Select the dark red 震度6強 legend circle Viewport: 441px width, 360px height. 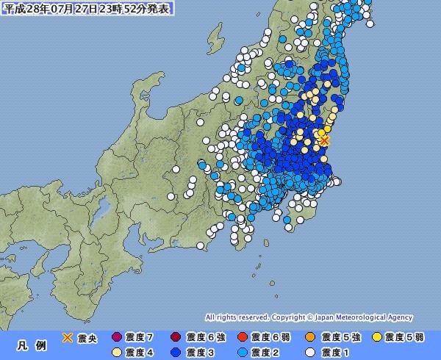(177, 337)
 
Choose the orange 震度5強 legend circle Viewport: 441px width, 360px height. (310, 337)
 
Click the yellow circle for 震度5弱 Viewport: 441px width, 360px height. (377, 337)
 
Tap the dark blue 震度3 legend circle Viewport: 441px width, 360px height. (177, 352)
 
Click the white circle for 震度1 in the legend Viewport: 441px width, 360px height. (310, 352)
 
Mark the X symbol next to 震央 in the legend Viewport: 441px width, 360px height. (67, 337)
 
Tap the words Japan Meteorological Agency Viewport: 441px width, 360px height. (371, 318)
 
